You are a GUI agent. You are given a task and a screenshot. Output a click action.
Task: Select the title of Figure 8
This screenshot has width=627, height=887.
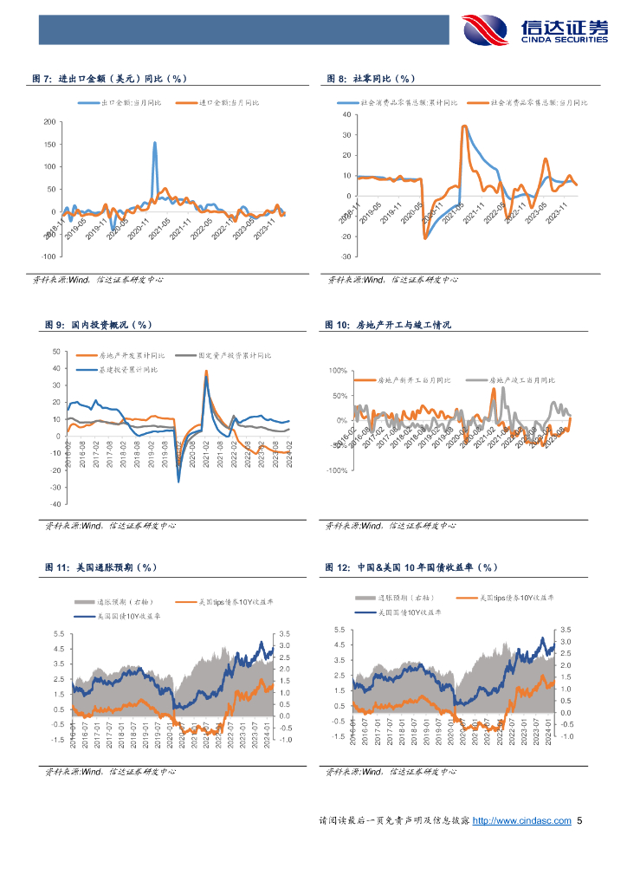(372, 79)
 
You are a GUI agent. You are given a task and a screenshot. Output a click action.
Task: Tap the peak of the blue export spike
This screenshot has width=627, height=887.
(155, 143)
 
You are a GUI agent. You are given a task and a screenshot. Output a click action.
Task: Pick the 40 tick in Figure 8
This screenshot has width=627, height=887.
(346, 114)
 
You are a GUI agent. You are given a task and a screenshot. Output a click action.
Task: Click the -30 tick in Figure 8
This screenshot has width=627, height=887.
(346, 257)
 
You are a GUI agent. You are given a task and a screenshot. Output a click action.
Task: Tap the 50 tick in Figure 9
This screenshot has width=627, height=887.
(56, 352)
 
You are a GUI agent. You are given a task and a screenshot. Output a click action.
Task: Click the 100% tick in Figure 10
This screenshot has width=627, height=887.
(336, 371)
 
